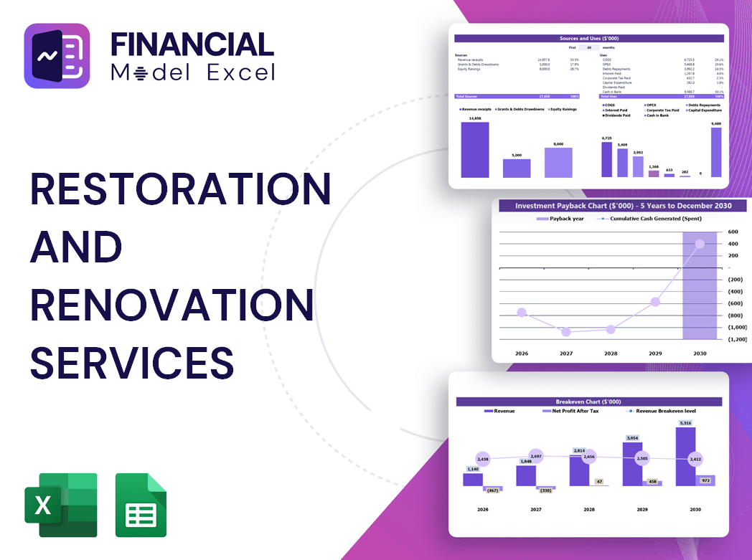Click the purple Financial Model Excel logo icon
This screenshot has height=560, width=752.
point(57,56)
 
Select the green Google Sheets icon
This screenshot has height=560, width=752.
point(141,505)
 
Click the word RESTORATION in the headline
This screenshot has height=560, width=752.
point(180,189)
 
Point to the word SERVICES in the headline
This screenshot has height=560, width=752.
point(132,362)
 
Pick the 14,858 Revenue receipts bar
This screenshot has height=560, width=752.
point(475,150)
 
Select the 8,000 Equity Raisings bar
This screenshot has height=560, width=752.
point(558,163)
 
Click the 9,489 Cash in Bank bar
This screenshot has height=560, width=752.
point(715,152)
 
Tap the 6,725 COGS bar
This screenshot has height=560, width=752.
point(607,159)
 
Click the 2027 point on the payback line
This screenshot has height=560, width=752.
point(566,332)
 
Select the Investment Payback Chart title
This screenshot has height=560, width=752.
point(623,206)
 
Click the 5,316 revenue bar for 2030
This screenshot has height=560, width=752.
point(685,456)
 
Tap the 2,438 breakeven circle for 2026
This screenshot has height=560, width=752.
point(482,459)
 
